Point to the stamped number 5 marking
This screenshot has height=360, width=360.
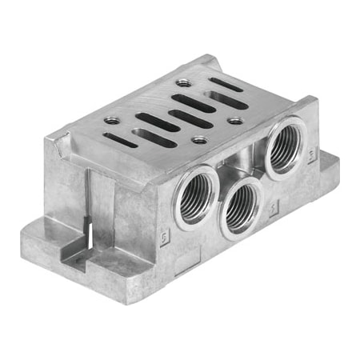tap(165, 238)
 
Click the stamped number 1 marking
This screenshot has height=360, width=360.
tap(274, 214)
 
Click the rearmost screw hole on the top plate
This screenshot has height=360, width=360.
tap(184, 82)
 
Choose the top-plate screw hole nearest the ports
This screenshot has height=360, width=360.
tap(199, 141)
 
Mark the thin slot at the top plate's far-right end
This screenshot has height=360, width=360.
tap(226, 84)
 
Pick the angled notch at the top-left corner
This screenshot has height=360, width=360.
tap(57, 146)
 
